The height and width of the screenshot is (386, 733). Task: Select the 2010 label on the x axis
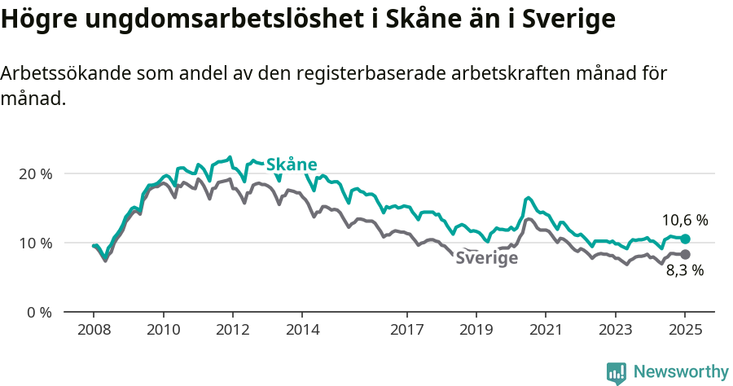[x=163, y=330]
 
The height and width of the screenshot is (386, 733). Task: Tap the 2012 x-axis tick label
[x=232, y=330]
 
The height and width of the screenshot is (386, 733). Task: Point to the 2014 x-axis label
[x=301, y=330]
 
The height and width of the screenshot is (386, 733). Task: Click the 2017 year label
[x=406, y=330]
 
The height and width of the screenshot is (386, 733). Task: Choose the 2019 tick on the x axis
[x=476, y=330]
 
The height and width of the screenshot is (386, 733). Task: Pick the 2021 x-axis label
[x=546, y=330]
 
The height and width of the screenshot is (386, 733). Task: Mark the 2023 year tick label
[x=615, y=330]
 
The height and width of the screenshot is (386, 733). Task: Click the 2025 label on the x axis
[x=685, y=330]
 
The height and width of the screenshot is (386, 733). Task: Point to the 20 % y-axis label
[x=35, y=173]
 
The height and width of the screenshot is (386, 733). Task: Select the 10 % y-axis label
[x=35, y=243]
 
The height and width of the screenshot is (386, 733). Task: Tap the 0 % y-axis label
[x=38, y=312]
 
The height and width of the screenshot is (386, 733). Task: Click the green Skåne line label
[x=292, y=164]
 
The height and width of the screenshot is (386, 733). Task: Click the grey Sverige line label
[x=486, y=259]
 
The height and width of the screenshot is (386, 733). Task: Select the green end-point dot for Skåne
[x=685, y=239]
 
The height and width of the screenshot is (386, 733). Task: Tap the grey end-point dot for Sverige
[x=685, y=255]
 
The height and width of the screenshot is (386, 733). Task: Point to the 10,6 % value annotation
[x=684, y=220]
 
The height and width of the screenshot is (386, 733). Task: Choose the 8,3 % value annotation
[x=684, y=271]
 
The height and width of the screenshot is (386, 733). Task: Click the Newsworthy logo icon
[x=617, y=373]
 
